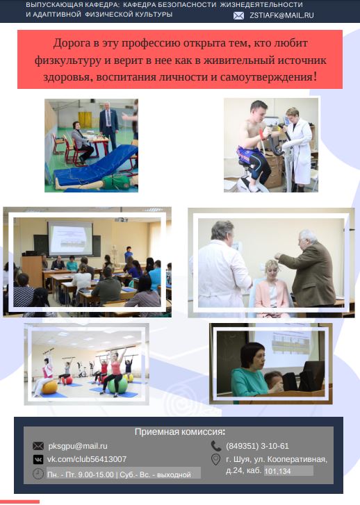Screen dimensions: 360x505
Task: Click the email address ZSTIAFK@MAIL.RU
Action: (x=281, y=15)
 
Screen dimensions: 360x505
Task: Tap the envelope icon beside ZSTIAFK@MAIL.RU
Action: (x=238, y=15)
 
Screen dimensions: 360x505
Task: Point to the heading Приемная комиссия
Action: (x=179, y=431)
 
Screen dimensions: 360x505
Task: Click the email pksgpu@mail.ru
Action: (x=78, y=446)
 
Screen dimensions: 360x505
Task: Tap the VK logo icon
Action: (x=38, y=459)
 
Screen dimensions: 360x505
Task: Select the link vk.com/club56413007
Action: (x=87, y=459)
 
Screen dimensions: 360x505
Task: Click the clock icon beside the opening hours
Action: (x=38, y=474)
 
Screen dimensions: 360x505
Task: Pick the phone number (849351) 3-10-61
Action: (x=257, y=446)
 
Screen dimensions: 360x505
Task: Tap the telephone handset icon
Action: (x=215, y=446)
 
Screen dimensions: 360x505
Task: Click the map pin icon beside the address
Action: (x=215, y=460)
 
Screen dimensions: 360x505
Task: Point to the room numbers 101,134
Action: (x=277, y=472)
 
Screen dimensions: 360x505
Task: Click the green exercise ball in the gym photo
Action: (x=117, y=386)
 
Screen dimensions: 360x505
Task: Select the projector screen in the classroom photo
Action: (x=70, y=238)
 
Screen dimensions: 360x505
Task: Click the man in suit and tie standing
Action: (x=108, y=126)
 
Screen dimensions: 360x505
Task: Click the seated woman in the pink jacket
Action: (x=272, y=288)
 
